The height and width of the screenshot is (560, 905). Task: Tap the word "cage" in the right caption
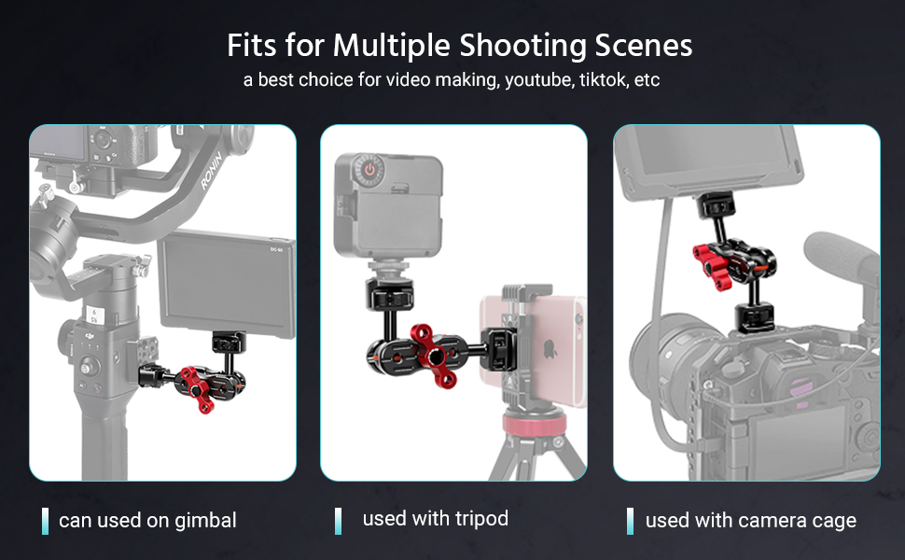tap(829, 521)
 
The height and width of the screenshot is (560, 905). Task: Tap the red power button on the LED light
tap(369, 171)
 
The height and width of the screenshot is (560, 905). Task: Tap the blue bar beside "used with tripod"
tap(338, 521)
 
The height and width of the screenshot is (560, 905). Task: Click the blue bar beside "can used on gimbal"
tap(45, 521)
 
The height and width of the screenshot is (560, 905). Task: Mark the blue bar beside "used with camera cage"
tap(630, 521)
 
